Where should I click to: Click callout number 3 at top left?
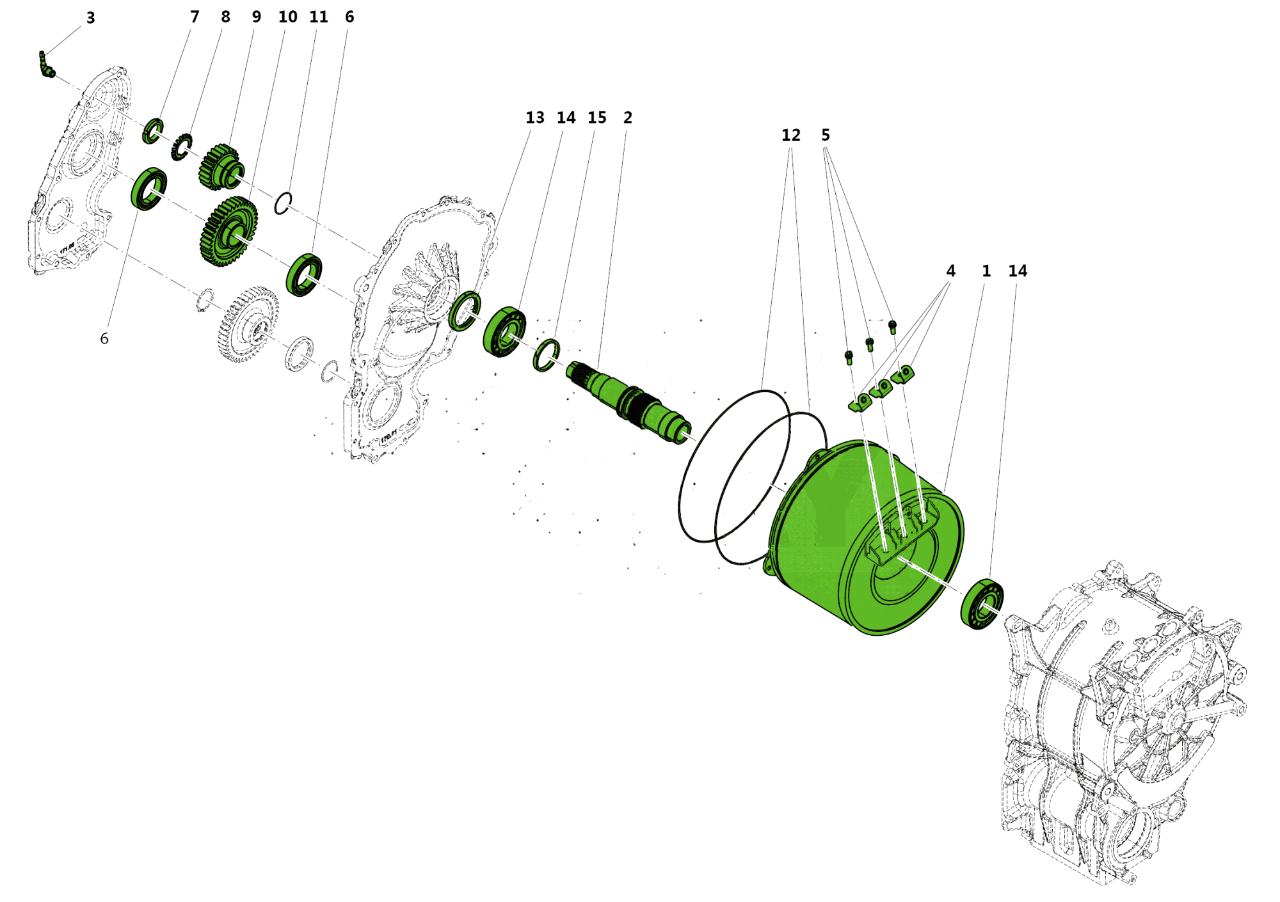click(x=90, y=18)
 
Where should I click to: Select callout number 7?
click(x=195, y=17)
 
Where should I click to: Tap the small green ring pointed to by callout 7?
click(x=152, y=131)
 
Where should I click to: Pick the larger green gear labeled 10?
click(x=229, y=232)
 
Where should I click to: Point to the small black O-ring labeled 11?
click(x=283, y=203)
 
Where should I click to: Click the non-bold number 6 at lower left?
click(x=104, y=338)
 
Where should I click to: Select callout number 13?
click(x=534, y=118)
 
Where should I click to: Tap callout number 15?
click(x=596, y=118)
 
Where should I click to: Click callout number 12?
click(x=790, y=135)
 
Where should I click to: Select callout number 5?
click(x=826, y=135)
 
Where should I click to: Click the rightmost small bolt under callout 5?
click(x=893, y=327)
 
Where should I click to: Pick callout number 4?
click(x=950, y=271)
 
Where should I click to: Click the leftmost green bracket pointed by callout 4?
click(x=860, y=402)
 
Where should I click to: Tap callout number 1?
click(x=986, y=271)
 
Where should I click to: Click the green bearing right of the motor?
click(x=982, y=603)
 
